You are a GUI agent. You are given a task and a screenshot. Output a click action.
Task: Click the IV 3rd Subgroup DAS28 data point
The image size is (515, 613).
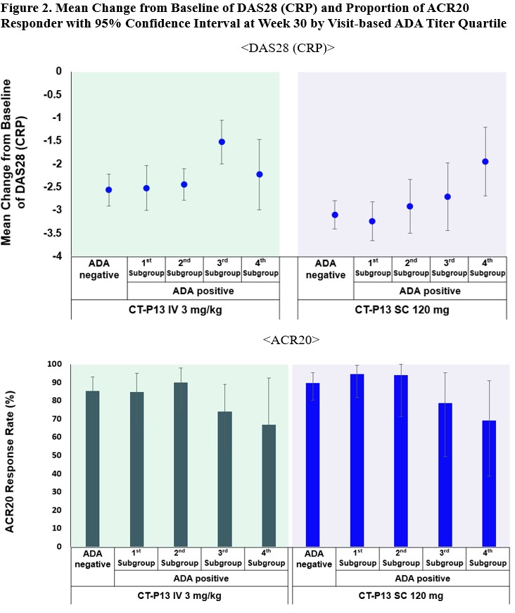pyautogui.click(x=222, y=141)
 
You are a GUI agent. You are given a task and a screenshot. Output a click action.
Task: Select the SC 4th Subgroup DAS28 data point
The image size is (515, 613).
pyautogui.click(x=485, y=162)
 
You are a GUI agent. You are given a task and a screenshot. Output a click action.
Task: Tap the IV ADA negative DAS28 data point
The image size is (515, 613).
pyautogui.click(x=108, y=190)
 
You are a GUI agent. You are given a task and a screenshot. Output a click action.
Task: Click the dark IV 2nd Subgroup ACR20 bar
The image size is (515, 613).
pyautogui.click(x=181, y=465)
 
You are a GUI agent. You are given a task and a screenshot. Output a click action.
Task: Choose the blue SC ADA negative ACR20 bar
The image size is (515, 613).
pyautogui.click(x=313, y=465)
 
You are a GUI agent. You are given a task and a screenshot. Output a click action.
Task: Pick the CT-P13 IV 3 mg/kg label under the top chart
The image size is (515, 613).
pyautogui.click(x=174, y=309)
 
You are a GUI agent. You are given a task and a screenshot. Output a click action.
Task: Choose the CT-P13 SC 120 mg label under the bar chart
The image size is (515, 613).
pyautogui.click(x=400, y=595)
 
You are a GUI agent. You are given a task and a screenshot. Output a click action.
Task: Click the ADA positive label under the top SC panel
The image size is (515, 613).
pyautogui.click(x=429, y=291)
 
